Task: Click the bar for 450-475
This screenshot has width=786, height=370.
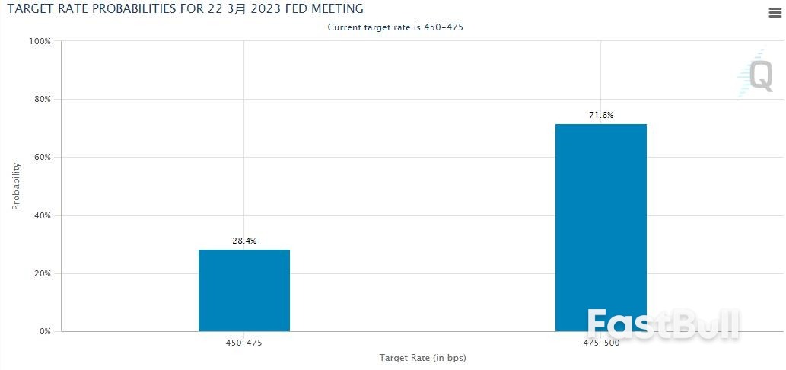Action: [x=244, y=290]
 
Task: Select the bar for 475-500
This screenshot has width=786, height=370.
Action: [x=601, y=228]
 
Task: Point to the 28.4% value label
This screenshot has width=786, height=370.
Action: [x=244, y=241]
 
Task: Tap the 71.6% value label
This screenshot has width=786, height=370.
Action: [x=601, y=115]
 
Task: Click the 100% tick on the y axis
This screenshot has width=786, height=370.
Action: [x=40, y=41]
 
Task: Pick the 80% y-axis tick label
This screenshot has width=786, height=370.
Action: [x=43, y=99]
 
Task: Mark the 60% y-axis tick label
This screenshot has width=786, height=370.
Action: [x=43, y=158]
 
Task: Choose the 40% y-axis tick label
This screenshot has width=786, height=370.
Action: [x=43, y=215]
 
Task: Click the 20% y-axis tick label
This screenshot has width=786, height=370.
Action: [x=43, y=274]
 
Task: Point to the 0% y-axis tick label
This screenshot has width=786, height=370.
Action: [x=45, y=331]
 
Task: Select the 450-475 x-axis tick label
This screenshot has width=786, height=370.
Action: [x=244, y=343]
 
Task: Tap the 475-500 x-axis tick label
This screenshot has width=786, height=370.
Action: [x=601, y=343]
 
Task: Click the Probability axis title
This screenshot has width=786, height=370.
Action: [x=16, y=186]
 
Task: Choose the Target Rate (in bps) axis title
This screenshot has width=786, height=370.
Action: [x=422, y=358]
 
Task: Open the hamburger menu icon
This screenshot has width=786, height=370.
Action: [x=775, y=13]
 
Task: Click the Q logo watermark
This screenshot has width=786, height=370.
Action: [x=755, y=75]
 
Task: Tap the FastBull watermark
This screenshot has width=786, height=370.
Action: [x=663, y=324]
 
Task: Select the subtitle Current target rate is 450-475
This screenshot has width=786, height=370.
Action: [x=395, y=27]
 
